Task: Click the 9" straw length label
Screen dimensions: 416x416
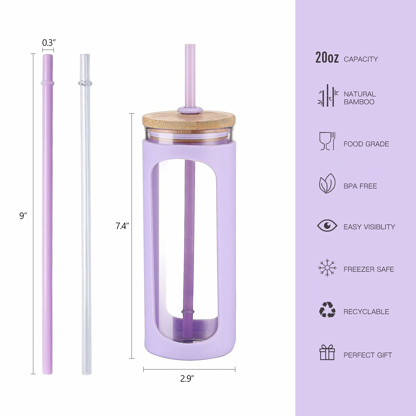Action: click(x=23, y=216)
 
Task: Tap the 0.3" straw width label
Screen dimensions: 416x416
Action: click(x=49, y=42)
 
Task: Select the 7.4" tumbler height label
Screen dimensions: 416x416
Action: click(x=122, y=226)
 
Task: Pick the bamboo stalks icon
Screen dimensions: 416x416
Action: click(x=328, y=95)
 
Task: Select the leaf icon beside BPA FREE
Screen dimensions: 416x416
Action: click(x=327, y=183)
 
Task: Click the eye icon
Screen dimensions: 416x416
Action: click(x=327, y=225)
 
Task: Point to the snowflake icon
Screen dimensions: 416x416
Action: click(x=327, y=268)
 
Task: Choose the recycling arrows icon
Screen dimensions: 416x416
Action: click(x=327, y=310)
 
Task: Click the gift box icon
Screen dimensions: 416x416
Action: click(x=327, y=352)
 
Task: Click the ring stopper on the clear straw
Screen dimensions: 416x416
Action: click(x=85, y=83)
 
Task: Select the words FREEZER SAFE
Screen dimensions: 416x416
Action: click(x=369, y=269)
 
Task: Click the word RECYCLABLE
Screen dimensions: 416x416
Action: click(x=366, y=311)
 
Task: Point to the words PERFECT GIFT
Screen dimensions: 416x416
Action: click(x=368, y=355)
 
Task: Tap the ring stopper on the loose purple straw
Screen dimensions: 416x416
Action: click(x=47, y=83)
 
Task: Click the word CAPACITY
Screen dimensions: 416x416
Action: click(x=361, y=59)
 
